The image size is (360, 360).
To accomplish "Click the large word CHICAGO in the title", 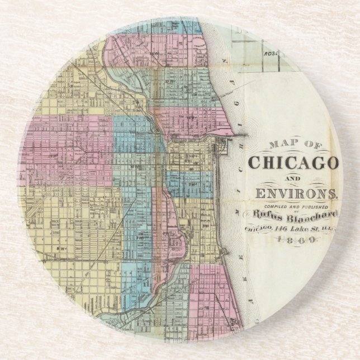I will (x=293, y=163).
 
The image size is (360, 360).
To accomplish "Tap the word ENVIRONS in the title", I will (x=292, y=195).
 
